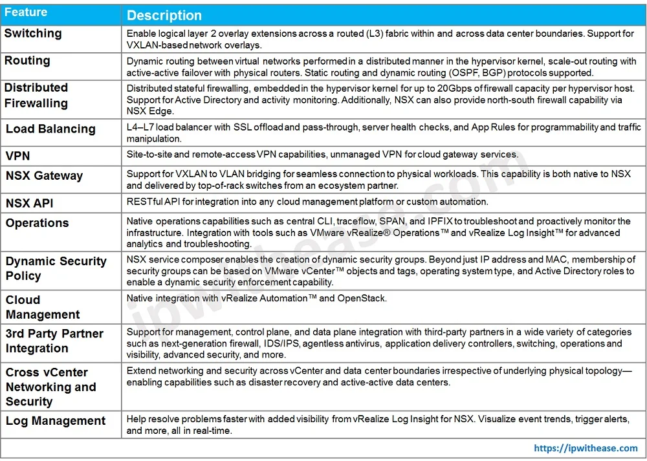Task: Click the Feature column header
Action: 25,12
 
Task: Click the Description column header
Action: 164,16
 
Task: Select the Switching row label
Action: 33,33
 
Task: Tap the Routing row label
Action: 27,60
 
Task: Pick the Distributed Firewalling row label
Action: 36,95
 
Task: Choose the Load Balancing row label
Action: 50,129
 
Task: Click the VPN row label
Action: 18,156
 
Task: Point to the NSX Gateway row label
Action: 45,175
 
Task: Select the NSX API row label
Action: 30,203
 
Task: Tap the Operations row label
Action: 37,223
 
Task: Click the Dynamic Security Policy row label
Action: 56,268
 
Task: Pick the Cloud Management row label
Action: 43,307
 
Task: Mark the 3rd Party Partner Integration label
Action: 54,341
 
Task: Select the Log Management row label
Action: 56,421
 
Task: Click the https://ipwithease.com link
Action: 586,447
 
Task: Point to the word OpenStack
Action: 364,298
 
